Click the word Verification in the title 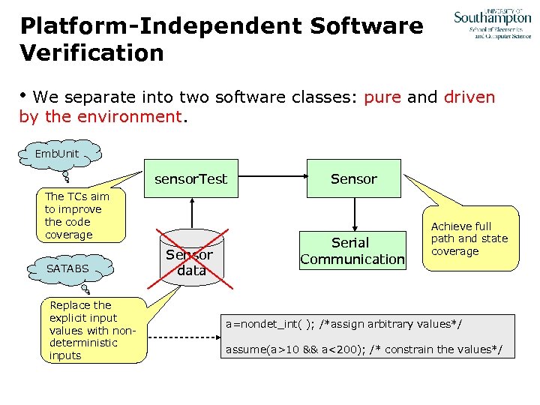(92, 53)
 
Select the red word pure (382, 97)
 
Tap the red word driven (469, 97)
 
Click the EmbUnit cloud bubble (57, 154)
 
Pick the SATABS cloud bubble (67, 268)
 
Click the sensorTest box (190, 179)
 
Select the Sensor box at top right (353, 179)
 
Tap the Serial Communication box (352, 250)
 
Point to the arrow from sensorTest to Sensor (271, 179)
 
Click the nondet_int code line (344, 324)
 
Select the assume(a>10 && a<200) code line (364, 350)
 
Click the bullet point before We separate (25, 97)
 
